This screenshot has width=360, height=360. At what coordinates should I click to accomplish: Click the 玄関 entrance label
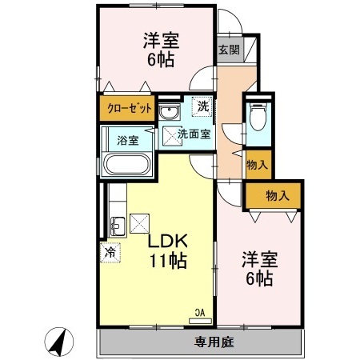point(229,50)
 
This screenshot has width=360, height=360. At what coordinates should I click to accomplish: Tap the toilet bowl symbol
point(258,118)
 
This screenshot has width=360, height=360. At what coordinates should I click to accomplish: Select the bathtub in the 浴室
point(126,164)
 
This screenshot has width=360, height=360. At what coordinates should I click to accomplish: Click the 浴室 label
point(128,140)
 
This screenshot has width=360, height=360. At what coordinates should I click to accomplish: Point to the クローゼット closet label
point(130,108)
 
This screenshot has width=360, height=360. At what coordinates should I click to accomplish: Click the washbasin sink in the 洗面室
point(169,111)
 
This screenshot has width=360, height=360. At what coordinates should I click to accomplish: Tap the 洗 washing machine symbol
point(202,106)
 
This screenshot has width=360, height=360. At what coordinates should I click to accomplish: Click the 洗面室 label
point(194,134)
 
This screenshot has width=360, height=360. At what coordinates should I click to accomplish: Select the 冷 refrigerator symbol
point(110,253)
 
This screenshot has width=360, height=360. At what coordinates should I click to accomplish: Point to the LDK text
point(168,241)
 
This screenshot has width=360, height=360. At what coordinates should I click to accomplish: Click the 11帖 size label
point(168,260)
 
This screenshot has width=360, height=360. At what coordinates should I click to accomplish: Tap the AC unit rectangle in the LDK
point(200,321)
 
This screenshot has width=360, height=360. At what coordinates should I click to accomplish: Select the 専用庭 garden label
point(214,342)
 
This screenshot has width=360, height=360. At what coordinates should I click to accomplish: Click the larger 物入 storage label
point(278,196)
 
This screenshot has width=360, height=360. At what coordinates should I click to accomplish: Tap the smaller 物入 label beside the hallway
point(257,165)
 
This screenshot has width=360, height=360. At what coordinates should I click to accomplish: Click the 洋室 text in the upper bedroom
point(161,41)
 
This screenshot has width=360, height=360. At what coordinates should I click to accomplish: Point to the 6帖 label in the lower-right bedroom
point(259,278)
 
